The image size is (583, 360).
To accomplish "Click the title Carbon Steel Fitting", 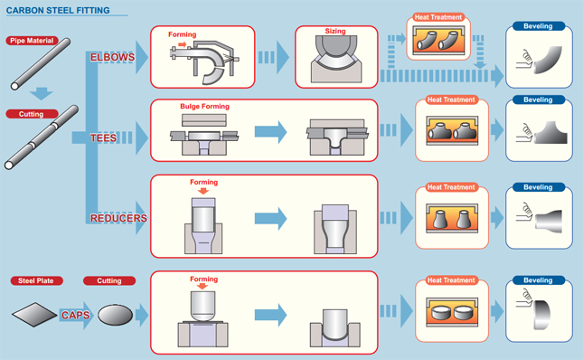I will [58, 11].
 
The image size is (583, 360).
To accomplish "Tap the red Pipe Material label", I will [33, 41].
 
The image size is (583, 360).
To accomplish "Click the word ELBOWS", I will [112, 58].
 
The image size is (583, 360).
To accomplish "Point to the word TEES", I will [103, 138].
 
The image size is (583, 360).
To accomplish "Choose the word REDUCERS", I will [118, 218].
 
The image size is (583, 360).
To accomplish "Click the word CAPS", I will [77, 315].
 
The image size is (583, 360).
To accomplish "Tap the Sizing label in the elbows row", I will [335, 32].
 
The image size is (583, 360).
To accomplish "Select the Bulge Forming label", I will [204, 107].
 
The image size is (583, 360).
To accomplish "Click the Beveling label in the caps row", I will [538, 281].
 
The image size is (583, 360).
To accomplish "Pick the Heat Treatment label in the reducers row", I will [451, 187].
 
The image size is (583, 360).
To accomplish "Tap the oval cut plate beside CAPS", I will [115, 315].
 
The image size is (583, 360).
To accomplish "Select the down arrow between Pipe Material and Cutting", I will [41, 91].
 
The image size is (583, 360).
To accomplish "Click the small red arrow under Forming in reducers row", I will [204, 191].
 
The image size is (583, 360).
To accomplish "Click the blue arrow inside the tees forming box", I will [269, 133].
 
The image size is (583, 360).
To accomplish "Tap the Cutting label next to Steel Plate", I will [109, 281].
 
